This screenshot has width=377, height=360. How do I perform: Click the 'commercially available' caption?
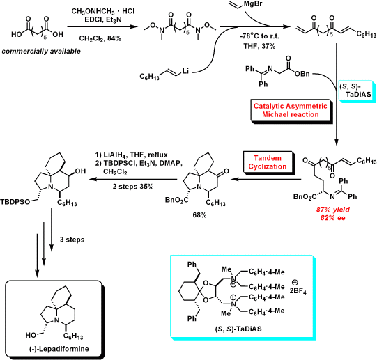(x=41, y=52)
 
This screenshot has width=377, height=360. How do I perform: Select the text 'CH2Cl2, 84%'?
(x=100, y=38)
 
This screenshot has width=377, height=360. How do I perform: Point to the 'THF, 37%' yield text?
(x=259, y=46)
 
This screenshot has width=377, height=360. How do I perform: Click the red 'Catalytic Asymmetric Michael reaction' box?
(x=291, y=110)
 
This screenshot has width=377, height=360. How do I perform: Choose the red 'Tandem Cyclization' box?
(x=268, y=162)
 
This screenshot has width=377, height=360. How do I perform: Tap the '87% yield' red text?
(x=333, y=210)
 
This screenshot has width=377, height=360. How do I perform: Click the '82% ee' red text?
(x=333, y=218)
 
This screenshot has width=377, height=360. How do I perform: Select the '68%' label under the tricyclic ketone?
(x=199, y=215)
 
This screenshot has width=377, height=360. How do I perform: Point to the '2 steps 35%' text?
(x=133, y=187)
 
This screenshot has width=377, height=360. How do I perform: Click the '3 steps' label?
(x=72, y=240)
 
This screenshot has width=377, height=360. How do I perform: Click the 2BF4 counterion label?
(x=298, y=292)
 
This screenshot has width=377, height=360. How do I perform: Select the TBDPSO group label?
(x=15, y=202)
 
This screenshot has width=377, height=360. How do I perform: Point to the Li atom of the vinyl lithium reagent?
(x=185, y=71)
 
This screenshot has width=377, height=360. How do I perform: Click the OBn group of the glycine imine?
(x=302, y=74)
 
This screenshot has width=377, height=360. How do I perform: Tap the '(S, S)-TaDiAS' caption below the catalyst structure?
(x=238, y=329)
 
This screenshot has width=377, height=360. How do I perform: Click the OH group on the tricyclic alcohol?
(x=80, y=171)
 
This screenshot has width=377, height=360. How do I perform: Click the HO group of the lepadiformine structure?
(x=31, y=335)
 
